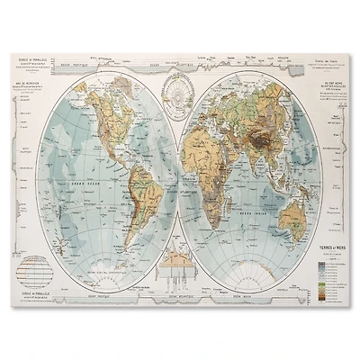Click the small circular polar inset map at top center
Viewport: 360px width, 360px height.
coord(180,95)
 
